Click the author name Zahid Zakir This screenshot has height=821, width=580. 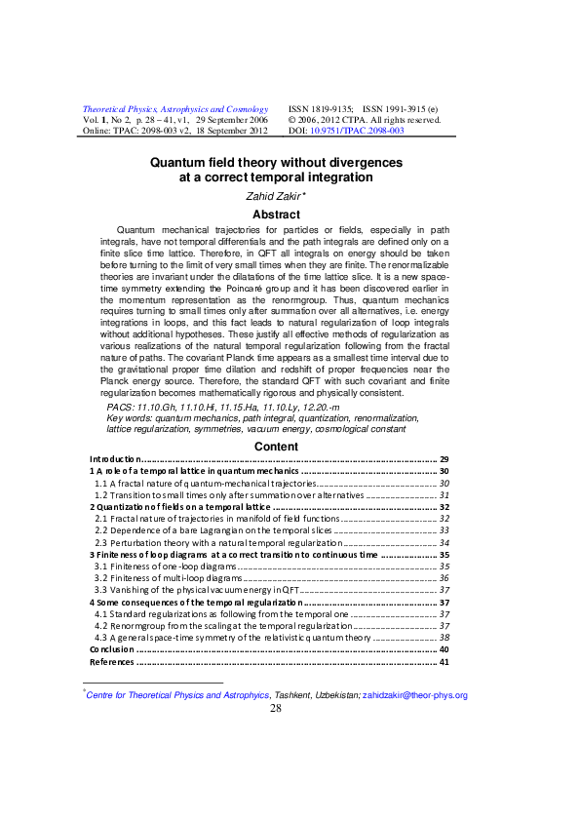coord(274,196)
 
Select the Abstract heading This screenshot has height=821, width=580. coord(276,215)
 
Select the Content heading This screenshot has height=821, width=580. coord(276,447)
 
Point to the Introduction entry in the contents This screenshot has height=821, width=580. coord(114,459)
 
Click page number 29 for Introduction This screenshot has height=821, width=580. coord(444,459)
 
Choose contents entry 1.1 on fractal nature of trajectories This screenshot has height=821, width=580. coord(205,484)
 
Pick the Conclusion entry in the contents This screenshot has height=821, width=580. coord(112,648)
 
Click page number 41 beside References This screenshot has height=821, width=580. coord(444,662)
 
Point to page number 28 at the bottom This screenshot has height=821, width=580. coord(275,709)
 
